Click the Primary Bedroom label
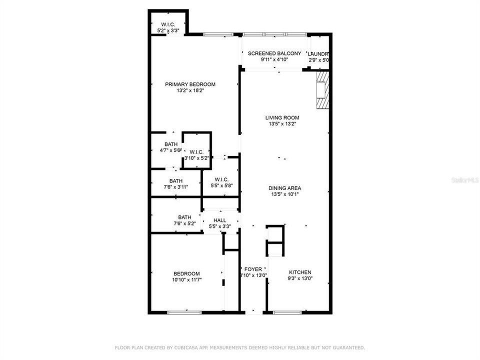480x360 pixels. coord(190,84)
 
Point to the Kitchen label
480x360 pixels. coord(300,272)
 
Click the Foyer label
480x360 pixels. coord(253,269)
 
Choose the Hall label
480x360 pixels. coord(219,220)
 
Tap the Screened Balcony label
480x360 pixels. coord(274,53)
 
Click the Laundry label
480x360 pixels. coord(318,54)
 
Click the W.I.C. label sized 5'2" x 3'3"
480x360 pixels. coord(167,24)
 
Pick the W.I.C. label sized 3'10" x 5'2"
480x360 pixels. coord(196,152)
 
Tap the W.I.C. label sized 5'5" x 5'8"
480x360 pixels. coord(221,179)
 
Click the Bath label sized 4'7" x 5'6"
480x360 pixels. coord(163,144)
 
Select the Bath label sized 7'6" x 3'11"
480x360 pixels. coord(175,181)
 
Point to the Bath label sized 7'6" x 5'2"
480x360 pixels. coord(184,217)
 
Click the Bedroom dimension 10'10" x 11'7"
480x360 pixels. coord(186,280)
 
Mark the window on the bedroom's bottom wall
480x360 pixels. coord(184,312)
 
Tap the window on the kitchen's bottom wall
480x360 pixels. coord(287,312)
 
